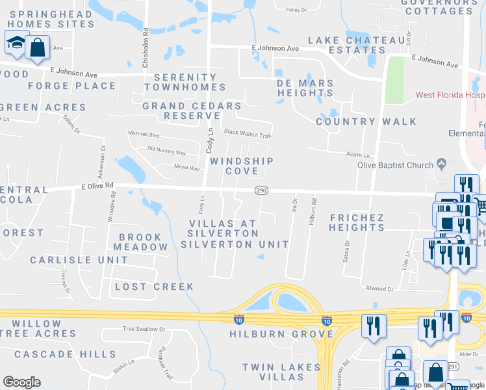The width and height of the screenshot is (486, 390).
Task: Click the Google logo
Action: click(x=21, y=382)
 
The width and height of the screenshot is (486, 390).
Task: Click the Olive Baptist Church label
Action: click(x=396, y=165)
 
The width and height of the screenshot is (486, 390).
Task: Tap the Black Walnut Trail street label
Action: click(x=247, y=132)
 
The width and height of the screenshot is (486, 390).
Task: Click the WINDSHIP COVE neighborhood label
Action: click(x=241, y=166)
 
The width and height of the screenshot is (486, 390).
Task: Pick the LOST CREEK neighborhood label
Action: click(x=154, y=287)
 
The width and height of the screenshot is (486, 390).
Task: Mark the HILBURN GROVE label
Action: click(x=281, y=334)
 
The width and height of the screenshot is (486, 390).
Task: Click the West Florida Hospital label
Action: click(x=451, y=96)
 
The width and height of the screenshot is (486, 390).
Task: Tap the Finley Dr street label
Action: click(x=296, y=10)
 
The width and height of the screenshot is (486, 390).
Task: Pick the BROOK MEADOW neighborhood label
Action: click(x=140, y=242)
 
